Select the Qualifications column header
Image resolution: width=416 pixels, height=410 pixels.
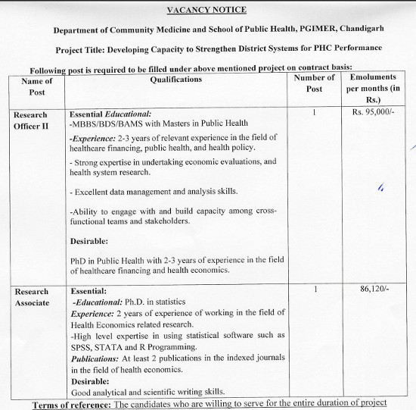175,80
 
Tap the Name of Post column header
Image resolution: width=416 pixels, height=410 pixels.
36,86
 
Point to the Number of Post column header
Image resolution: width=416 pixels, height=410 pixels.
313,83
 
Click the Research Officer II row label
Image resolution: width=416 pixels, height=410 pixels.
31,120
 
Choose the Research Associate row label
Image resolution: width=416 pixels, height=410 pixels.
32,296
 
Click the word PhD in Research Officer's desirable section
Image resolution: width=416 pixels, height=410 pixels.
79,260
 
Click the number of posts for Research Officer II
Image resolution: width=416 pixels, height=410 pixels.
313,113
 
